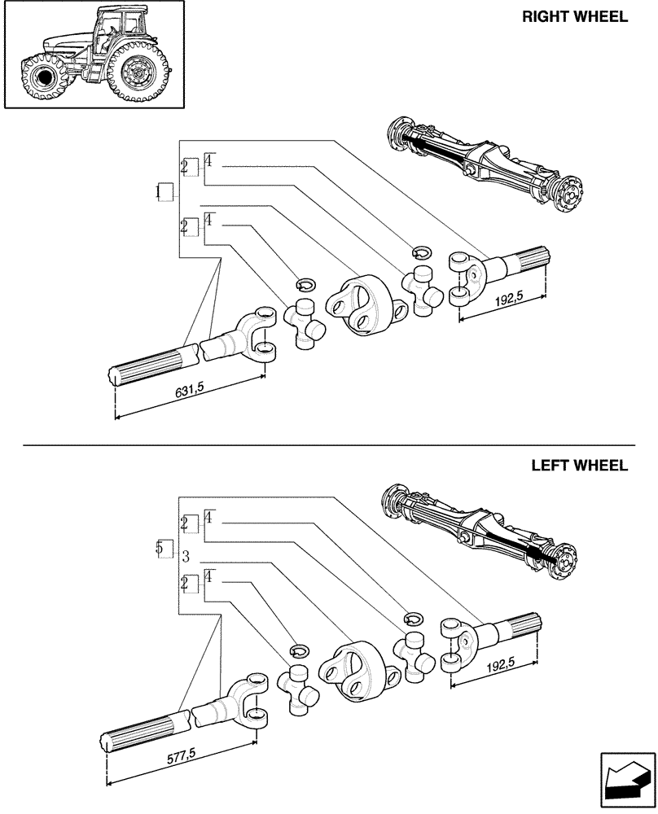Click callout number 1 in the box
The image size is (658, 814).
[x=165, y=193]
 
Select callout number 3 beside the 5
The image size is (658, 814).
[x=186, y=557]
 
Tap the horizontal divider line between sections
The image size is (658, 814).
[x=329, y=445]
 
